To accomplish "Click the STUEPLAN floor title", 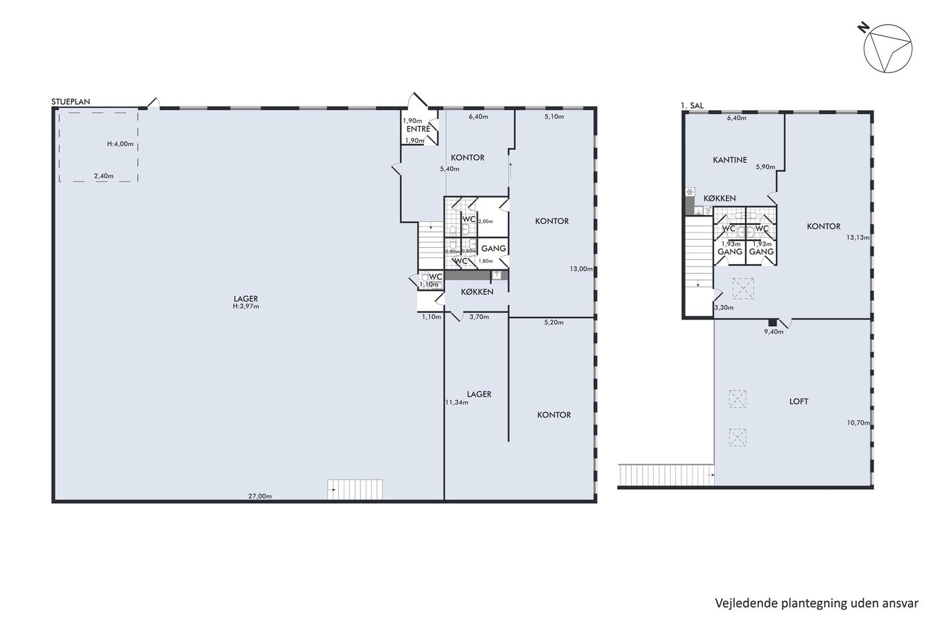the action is point(71,101).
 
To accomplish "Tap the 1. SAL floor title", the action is point(692,105).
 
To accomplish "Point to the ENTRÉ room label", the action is point(418,129).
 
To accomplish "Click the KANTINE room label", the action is point(730,160).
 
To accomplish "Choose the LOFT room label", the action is point(799,401).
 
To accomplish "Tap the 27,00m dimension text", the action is point(260,496).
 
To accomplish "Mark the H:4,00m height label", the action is point(120,144).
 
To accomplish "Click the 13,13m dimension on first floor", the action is point(858,237).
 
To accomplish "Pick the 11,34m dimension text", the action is point(457,403).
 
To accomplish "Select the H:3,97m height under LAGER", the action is point(246,306).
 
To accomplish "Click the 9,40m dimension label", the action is point(773,332).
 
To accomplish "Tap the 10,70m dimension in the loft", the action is point(858,423).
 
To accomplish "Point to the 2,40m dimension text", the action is point(104,176).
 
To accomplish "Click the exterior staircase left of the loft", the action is point(666,475).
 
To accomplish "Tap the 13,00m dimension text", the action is point(582,269).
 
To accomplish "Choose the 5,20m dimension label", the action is point(553,322).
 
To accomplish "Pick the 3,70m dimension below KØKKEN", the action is point(479,317).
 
